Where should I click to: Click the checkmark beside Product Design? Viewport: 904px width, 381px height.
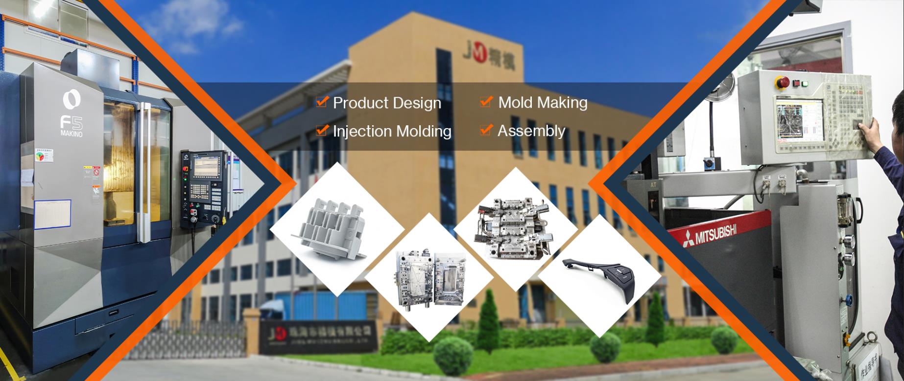pos(321,102)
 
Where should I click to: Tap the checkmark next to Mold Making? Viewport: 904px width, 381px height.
pos(486,101)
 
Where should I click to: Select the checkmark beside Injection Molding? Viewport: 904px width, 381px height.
pos(321,130)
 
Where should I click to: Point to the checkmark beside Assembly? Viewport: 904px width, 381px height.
pos(486,130)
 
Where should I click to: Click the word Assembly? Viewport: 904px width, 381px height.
pos(531,131)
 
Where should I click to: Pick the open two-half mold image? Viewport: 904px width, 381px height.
pos(429,278)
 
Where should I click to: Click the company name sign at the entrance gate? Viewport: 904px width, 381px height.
pos(318,336)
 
